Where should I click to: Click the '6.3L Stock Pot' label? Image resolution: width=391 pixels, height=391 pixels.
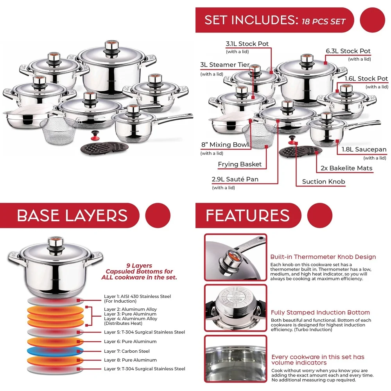point(348,51)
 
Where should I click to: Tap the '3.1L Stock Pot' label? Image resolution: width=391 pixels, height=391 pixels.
point(247,44)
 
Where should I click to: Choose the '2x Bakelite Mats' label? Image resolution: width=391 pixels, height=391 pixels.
point(346,168)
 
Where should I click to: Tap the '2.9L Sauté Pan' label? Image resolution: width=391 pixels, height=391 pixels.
point(235,179)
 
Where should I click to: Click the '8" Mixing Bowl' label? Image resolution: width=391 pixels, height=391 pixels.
point(225,145)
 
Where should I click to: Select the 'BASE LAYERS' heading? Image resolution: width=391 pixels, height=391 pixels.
point(72,215)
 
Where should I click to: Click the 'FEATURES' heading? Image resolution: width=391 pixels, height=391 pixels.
point(248,215)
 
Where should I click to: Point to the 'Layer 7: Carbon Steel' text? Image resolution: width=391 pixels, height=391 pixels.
point(127,351)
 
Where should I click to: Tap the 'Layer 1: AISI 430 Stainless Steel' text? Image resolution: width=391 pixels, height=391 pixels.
point(137,297)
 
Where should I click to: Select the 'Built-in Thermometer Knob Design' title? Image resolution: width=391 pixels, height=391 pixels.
point(323,257)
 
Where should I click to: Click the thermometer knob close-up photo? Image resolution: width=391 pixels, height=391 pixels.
point(235,257)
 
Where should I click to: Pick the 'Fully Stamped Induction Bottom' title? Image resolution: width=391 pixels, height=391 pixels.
point(320,312)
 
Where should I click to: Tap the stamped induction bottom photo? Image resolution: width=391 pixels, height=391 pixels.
point(235,307)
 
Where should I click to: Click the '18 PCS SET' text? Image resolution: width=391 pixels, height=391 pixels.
point(323,21)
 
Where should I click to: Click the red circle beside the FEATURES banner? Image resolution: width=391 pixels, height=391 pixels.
point(319,215)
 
